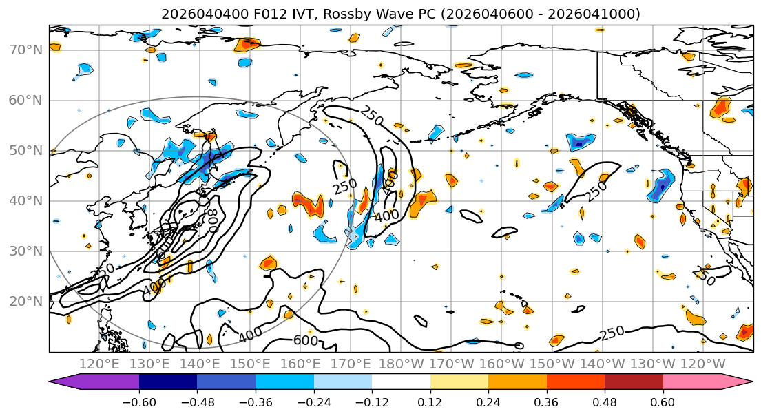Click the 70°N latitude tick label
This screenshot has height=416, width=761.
point(27,50)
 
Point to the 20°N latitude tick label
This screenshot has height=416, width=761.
point(27,302)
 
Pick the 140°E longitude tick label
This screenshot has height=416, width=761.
point(200,363)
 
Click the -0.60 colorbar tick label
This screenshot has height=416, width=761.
point(139,401)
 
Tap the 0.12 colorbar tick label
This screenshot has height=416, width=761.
point(430,401)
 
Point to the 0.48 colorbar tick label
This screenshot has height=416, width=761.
point(605,401)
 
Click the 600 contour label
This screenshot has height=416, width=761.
point(306,340)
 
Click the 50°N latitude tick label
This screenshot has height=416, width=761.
point(27,151)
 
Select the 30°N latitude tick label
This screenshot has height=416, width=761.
point(27,251)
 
